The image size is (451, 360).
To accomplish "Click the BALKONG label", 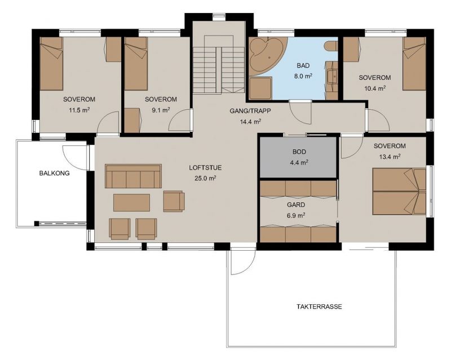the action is pyautogui.click(x=54, y=174).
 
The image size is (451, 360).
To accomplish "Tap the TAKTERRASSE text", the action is pyautogui.click(x=319, y=306).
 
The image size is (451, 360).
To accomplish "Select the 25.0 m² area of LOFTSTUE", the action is pyautogui.click(x=205, y=178).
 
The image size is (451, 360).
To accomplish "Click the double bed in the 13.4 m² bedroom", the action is pyautogui.click(x=399, y=192).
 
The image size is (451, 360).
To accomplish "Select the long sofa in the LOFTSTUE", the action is pyautogui.click(x=133, y=176).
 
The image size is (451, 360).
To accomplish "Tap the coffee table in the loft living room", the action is pyautogui.click(x=131, y=203).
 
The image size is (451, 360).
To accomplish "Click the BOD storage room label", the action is pyautogui.click(x=299, y=152).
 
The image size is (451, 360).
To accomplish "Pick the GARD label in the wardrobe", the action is pyautogui.click(x=296, y=205).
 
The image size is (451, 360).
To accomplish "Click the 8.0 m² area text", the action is pyautogui.click(x=303, y=77).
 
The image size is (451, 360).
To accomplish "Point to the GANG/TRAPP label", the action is pyautogui.click(x=250, y=110).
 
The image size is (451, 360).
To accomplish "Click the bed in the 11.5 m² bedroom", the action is pyautogui.click(x=51, y=64).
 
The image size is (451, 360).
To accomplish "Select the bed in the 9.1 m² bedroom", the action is pyautogui.click(x=136, y=64).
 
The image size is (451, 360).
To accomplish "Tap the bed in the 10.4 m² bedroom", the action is pyautogui.click(x=414, y=64).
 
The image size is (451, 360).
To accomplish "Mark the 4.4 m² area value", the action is pyautogui.click(x=299, y=163).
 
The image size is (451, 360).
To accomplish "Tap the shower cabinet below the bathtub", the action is pyautogui.click(x=260, y=88).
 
